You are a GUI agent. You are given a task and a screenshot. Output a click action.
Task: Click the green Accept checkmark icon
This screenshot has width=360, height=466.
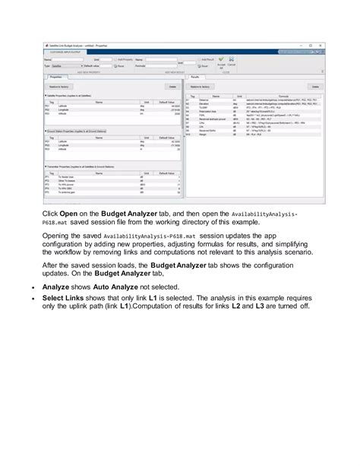point(220,59)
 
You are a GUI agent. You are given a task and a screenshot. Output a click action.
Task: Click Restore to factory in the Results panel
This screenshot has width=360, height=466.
point(200,87)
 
